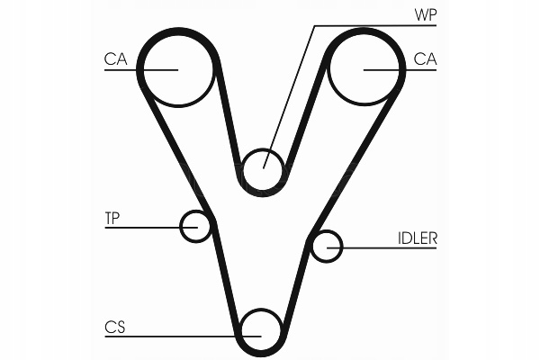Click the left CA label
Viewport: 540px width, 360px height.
[x=115, y=59]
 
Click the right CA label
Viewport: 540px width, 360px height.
[x=424, y=59]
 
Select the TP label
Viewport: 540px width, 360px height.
[x=112, y=219]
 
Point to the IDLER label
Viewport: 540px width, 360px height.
[x=417, y=238]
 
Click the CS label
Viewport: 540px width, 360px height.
[x=113, y=328]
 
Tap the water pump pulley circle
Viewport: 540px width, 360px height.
[x=264, y=169]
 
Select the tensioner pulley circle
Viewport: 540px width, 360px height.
[x=194, y=227]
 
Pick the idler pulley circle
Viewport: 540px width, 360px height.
[x=328, y=245]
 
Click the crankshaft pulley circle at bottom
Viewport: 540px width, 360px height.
[x=262, y=329]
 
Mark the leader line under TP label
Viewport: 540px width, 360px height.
[x=144, y=227]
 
